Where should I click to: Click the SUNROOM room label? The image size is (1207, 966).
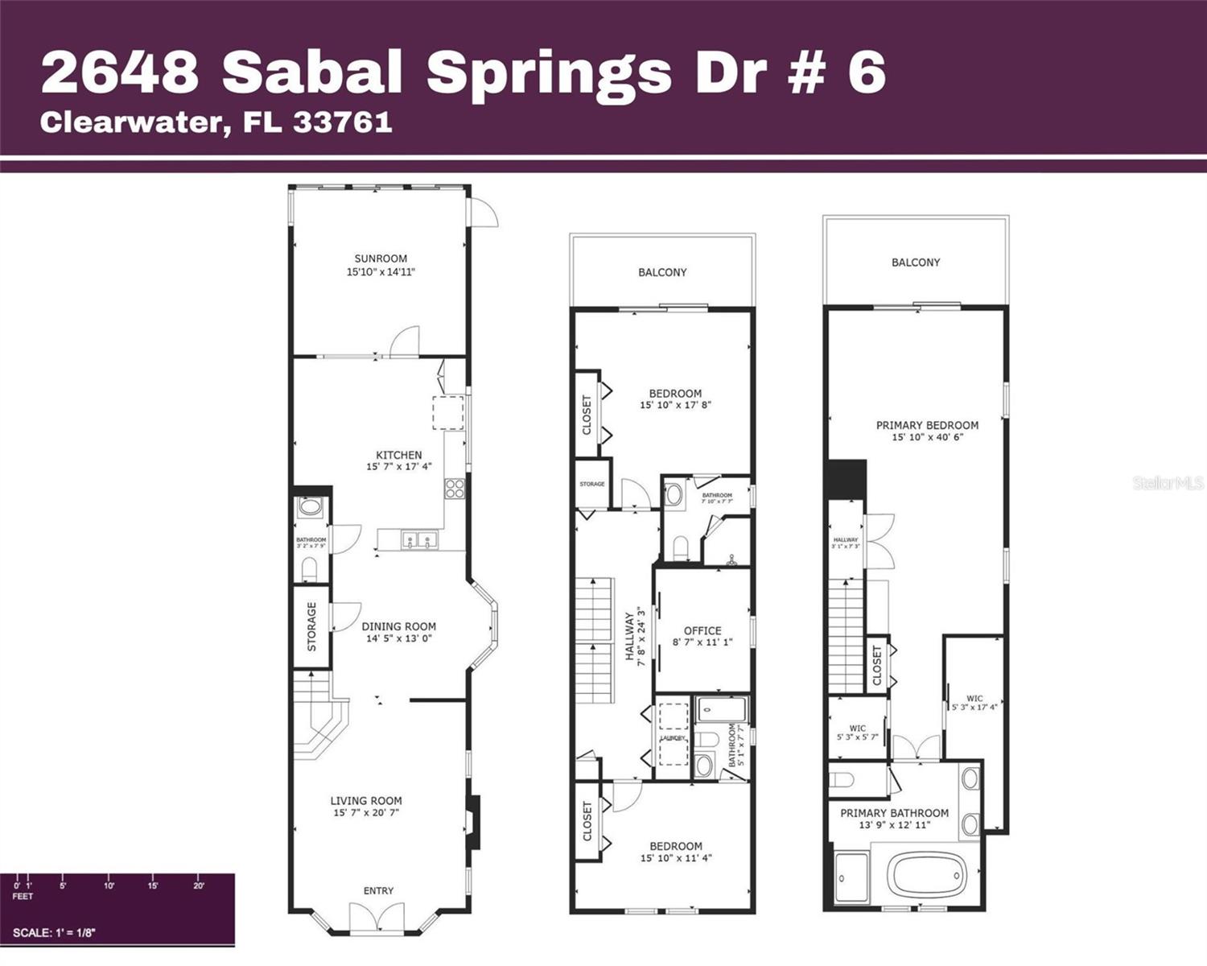381,258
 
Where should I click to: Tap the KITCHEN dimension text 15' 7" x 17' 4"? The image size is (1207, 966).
398,467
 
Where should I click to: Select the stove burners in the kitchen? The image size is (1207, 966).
455,489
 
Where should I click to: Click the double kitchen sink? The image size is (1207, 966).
419,540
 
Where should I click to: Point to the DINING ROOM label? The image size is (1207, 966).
398,626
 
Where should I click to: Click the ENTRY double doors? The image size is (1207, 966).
377,919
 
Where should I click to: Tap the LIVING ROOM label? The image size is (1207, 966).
366,800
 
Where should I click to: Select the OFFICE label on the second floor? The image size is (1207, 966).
702,630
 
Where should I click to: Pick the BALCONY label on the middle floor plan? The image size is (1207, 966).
662,272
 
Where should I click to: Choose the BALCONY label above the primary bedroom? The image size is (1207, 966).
916,262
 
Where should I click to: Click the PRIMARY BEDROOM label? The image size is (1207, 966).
927,425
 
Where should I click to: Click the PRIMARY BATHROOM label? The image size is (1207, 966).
894,813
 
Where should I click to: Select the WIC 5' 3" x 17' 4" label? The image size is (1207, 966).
974,703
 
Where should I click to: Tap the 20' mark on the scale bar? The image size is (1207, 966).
199,885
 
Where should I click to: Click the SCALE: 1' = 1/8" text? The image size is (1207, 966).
54,933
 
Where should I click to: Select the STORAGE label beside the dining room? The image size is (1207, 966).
312,626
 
